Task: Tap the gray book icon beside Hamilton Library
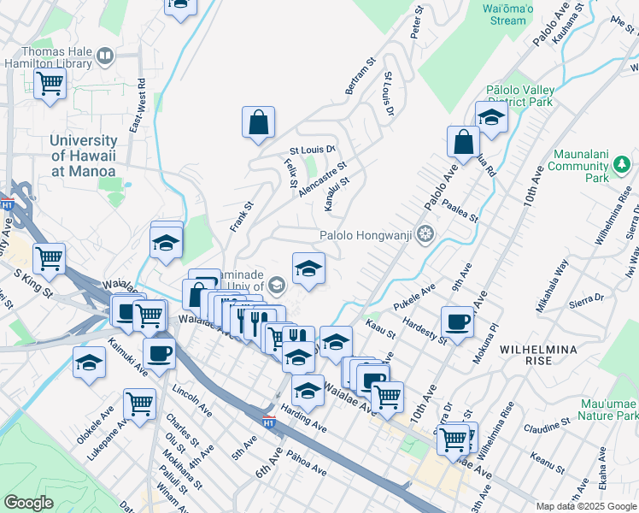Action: [x=106, y=57]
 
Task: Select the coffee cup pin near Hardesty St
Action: [x=458, y=323]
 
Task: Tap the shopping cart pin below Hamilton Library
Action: [x=50, y=85]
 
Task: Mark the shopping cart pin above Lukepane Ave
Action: [x=139, y=404]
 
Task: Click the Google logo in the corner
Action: [x=28, y=503]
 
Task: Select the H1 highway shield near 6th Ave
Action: [x=268, y=422]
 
